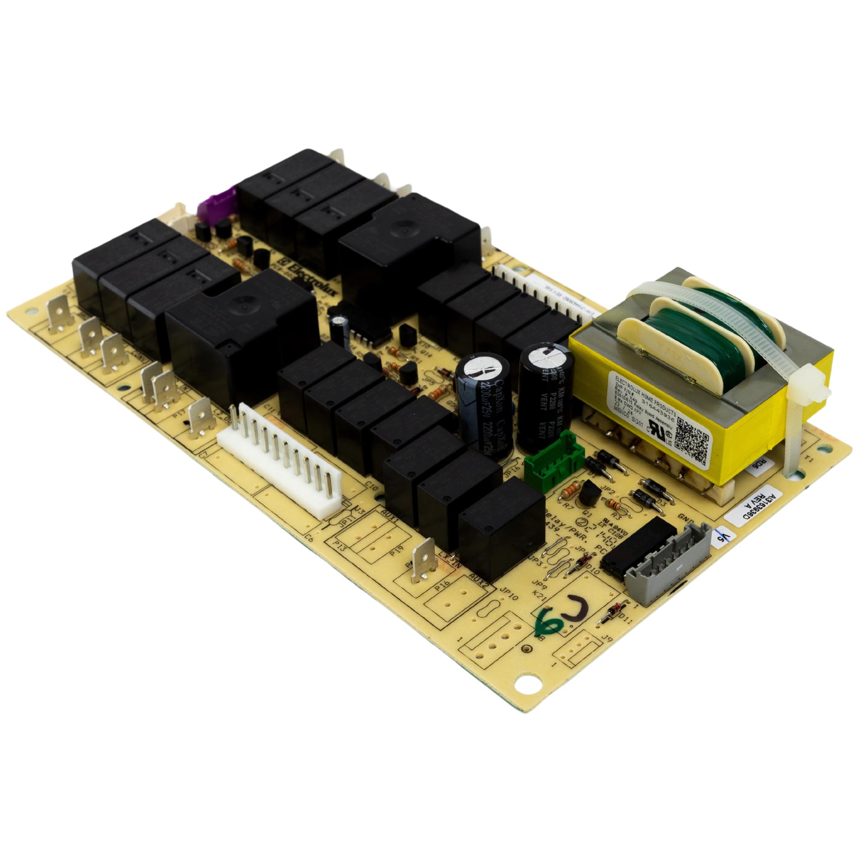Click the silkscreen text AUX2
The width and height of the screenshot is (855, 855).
pyautogui.click(x=478, y=578)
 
